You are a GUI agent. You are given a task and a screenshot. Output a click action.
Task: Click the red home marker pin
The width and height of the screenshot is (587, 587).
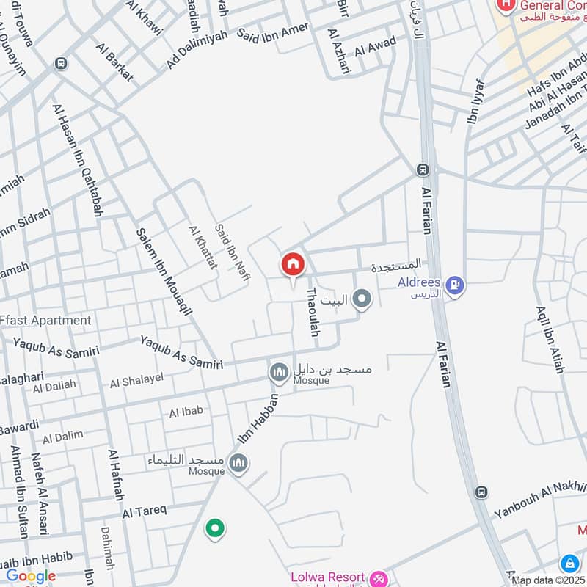tap(292, 265)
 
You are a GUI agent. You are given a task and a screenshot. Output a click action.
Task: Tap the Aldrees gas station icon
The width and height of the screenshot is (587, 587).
tap(456, 285)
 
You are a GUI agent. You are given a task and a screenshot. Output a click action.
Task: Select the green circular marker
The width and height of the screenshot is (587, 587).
tap(214, 528)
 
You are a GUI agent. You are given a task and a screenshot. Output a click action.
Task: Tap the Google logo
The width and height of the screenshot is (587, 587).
tap(31, 576)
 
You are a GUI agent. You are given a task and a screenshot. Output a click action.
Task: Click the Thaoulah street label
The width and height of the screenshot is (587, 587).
tap(313, 312)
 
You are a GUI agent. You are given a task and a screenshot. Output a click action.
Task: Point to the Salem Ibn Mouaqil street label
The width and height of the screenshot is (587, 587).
tap(163, 271)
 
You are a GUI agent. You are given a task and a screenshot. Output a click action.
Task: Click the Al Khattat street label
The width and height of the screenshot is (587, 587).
tap(203, 247)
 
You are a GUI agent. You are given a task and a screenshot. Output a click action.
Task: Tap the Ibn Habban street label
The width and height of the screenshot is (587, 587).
tap(260, 419)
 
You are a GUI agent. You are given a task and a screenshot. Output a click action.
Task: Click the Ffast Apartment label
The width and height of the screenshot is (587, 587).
tap(45, 320)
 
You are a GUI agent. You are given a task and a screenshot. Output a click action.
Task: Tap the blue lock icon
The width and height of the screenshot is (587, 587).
tap(569, 564)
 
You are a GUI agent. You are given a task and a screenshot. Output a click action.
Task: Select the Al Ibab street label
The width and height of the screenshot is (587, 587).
tap(186, 412)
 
